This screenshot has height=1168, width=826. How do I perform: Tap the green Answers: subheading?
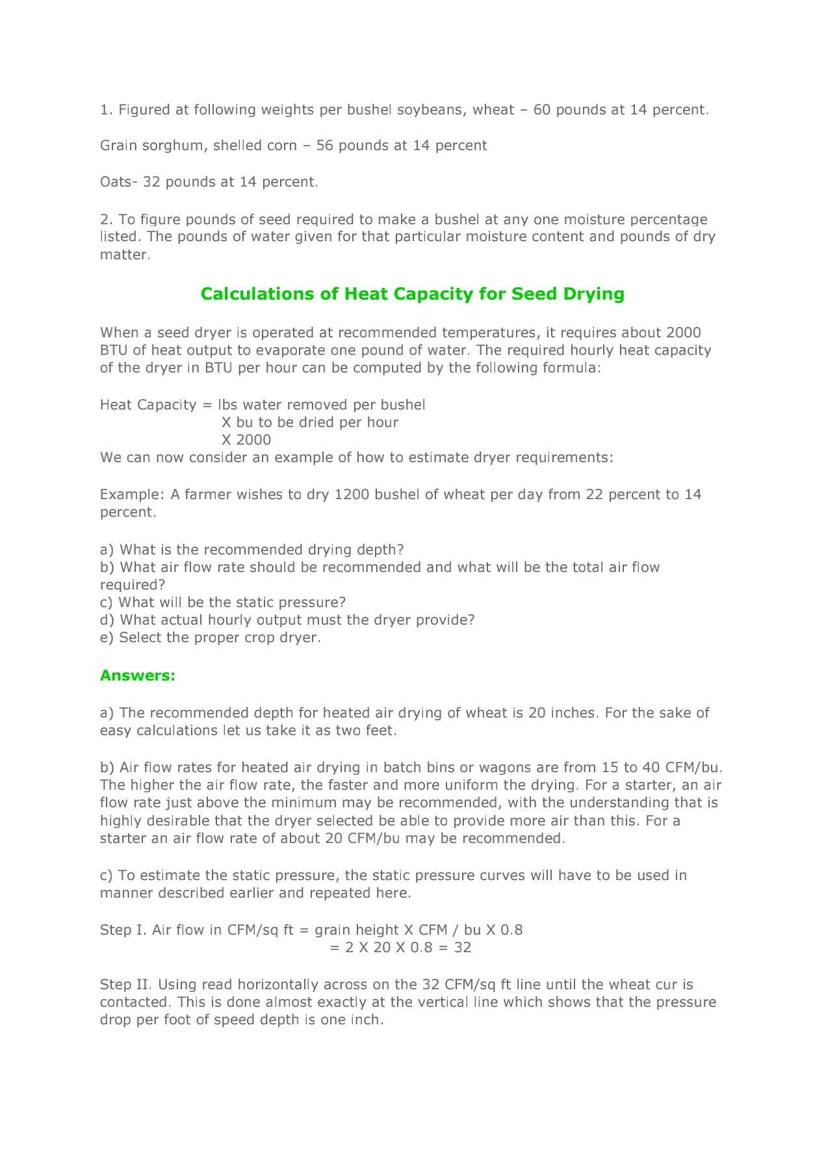tap(138, 675)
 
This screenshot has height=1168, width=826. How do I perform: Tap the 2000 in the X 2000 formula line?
tap(253, 440)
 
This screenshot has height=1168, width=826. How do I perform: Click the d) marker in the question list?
tap(107, 620)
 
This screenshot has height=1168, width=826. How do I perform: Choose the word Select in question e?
tap(140, 638)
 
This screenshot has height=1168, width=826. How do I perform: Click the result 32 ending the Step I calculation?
tap(463, 948)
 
